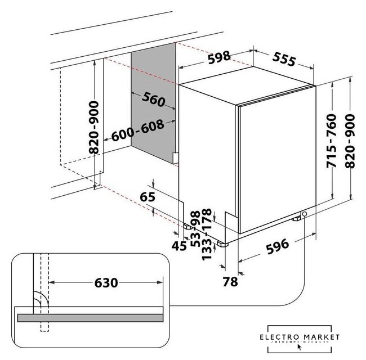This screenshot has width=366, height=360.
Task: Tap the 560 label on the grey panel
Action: pyautogui.click(x=154, y=100)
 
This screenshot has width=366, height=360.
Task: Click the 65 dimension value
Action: pyautogui.click(x=147, y=197)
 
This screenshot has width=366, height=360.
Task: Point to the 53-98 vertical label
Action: pyautogui.click(x=195, y=228)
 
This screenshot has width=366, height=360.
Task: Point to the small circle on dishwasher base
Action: pyautogui.click(x=304, y=214)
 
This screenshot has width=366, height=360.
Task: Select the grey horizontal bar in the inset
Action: pyautogui.click(x=90, y=317)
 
